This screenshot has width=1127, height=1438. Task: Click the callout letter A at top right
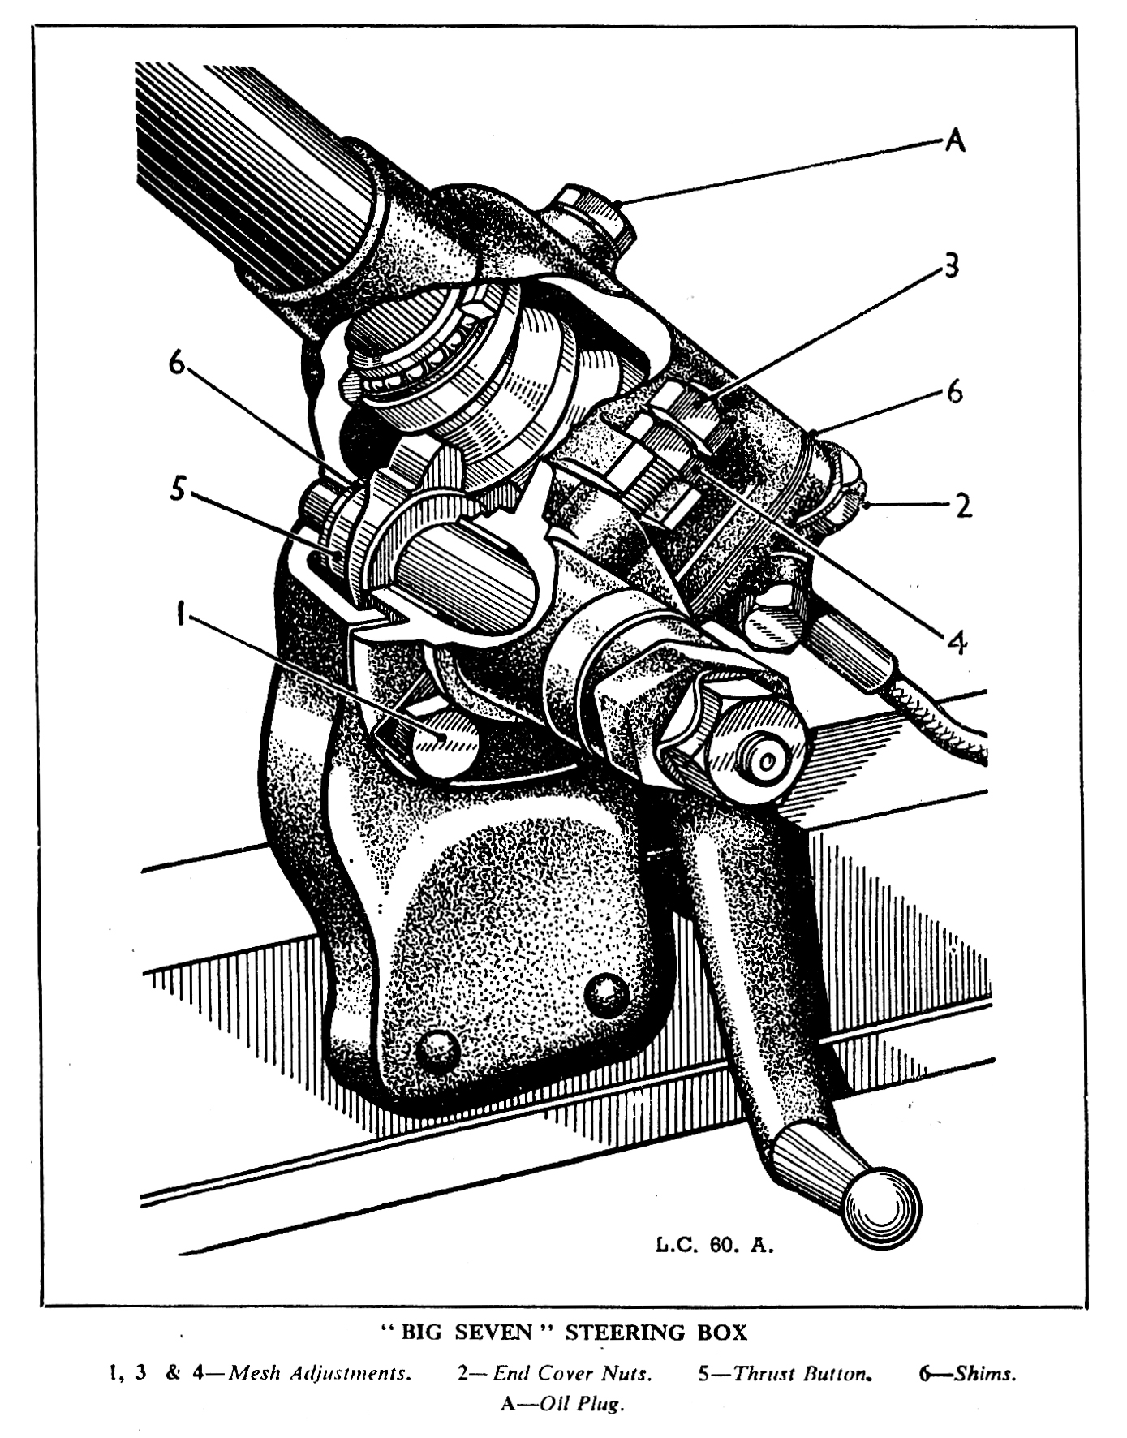coord(956,141)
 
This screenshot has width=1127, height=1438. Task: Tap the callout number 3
coord(951,265)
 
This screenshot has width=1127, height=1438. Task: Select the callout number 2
coord(963,506)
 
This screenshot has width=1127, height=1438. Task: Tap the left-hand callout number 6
coord(177,363)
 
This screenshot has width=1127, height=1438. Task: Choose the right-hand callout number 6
coord(954,392)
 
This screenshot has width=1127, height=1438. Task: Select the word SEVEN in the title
coord(492,1333)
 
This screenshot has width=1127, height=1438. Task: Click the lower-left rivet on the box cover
coord(439,1053)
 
